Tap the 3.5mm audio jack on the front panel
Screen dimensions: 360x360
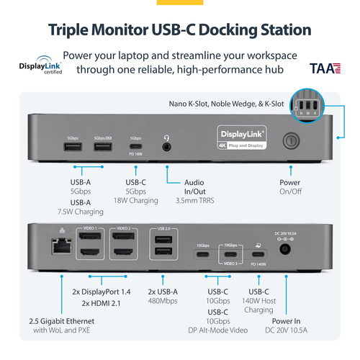coord(167,146)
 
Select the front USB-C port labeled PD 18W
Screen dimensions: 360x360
coord(135,146)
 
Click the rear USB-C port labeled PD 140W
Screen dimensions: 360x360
coord(258,253)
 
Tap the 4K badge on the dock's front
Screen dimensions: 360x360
coord(223,143)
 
